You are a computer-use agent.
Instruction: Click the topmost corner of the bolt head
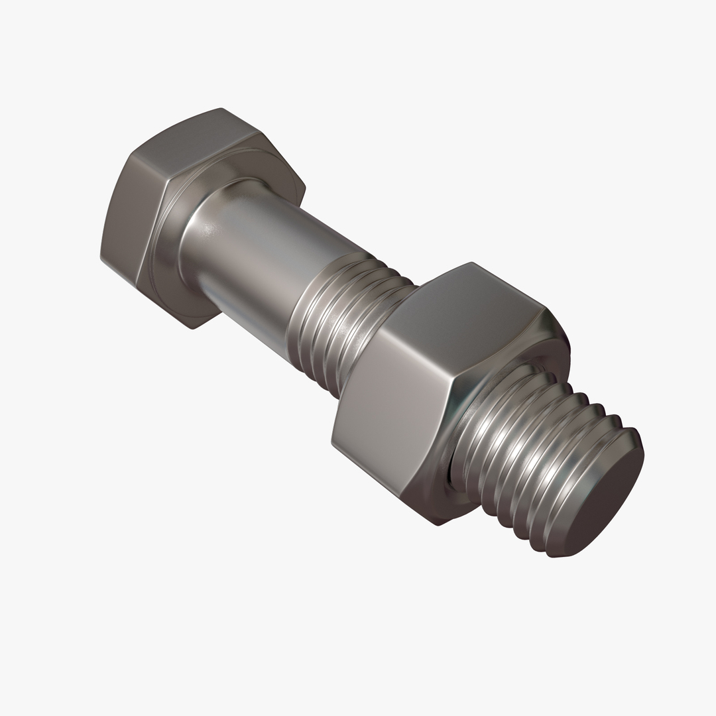coord(221,108)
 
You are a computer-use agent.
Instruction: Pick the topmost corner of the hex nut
coord(472,263)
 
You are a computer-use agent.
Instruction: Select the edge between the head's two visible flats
coord(129,155)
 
